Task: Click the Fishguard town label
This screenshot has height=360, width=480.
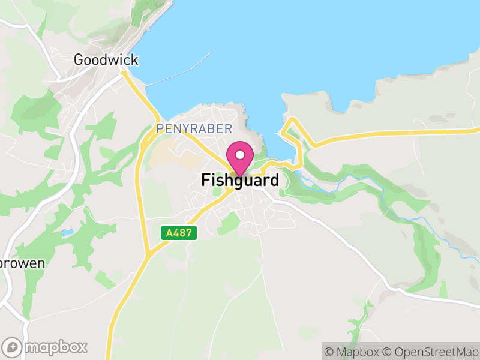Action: click(x=240, y=180)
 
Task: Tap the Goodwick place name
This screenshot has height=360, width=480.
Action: click(x=106, y=60)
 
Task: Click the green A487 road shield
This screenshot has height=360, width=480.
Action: click(x=179, y=233)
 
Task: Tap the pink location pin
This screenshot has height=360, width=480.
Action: click(x=240, y=157)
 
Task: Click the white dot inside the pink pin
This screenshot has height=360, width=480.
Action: click(x=240, y=154)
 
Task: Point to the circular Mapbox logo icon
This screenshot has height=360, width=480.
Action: click(x=13, y=347)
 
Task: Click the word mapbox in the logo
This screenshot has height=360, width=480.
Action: click(x=55, y=347)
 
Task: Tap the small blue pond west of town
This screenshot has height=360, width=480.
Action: click(x=67, y=232)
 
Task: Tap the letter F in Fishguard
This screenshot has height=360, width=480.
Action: click(x=205, y=180)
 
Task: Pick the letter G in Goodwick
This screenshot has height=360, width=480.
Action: click(x=79, y=60)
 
